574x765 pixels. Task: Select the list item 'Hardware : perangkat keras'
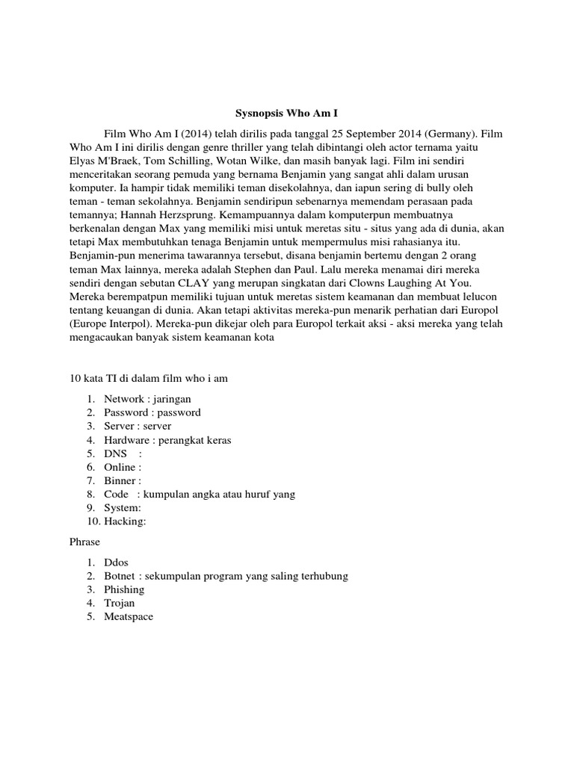click(167, 439)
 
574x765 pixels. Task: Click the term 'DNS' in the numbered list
click(115, 453)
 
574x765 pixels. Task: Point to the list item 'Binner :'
click(123, 480)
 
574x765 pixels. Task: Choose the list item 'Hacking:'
click(125, 521)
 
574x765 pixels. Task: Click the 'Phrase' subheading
click(84, 541)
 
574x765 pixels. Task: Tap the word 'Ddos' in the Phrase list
click(117, 562)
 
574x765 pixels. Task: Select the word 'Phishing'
click(124, 589)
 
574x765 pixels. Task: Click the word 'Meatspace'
click(129, 616)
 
